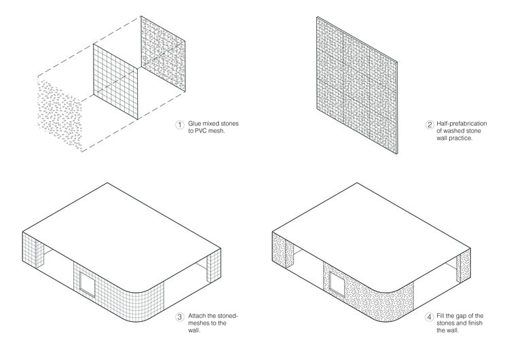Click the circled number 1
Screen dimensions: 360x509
pos(179,124)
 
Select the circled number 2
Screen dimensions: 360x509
pos(430,124)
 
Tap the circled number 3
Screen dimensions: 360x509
pos(179,317)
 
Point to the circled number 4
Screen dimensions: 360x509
pos(430,317)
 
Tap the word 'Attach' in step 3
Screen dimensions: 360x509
pos(197,317)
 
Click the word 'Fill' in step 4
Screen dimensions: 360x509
pos(444,317)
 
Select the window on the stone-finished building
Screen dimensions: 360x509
pos(337,283)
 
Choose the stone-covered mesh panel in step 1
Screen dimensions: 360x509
pos(164,54)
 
